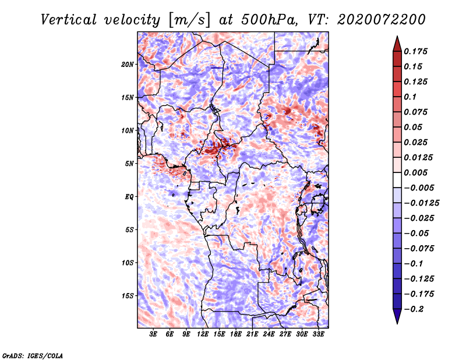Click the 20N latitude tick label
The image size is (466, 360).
[x=128, y=65]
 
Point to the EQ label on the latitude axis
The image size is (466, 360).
[x=129, y=197]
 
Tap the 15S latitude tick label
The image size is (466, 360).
[x=128, y=296]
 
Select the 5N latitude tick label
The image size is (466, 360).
[x=129, y=164]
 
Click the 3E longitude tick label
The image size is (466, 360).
[x=153, y=334]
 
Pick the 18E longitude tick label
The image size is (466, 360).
[x=236, y=334]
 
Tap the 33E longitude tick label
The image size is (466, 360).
[x=318, y=334]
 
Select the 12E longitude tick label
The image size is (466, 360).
[x=203, y=334]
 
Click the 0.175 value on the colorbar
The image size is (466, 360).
[x=415, y=51]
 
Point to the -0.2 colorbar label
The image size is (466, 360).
[x=414, y=309]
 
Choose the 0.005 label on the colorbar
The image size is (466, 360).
[x=415, y=172]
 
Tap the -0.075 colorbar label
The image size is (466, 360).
[x=419, y=248]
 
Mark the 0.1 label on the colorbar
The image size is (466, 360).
[x=410, y=97]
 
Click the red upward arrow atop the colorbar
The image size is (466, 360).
[x=397, y=44]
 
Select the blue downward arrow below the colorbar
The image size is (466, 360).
[x=397, y=316]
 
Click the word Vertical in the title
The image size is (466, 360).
[x=69, y=20]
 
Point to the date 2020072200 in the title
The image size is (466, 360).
[x=382, y=20]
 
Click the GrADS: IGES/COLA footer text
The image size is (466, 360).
[x=33, y=356]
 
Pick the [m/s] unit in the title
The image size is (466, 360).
[x=189, y=20]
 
